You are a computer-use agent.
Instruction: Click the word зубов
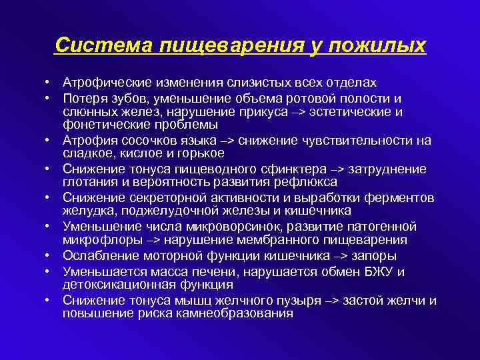tap(123, 98)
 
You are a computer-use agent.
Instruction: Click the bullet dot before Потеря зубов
tap(49, 98)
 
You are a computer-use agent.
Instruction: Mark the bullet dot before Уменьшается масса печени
tap(49, 271)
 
